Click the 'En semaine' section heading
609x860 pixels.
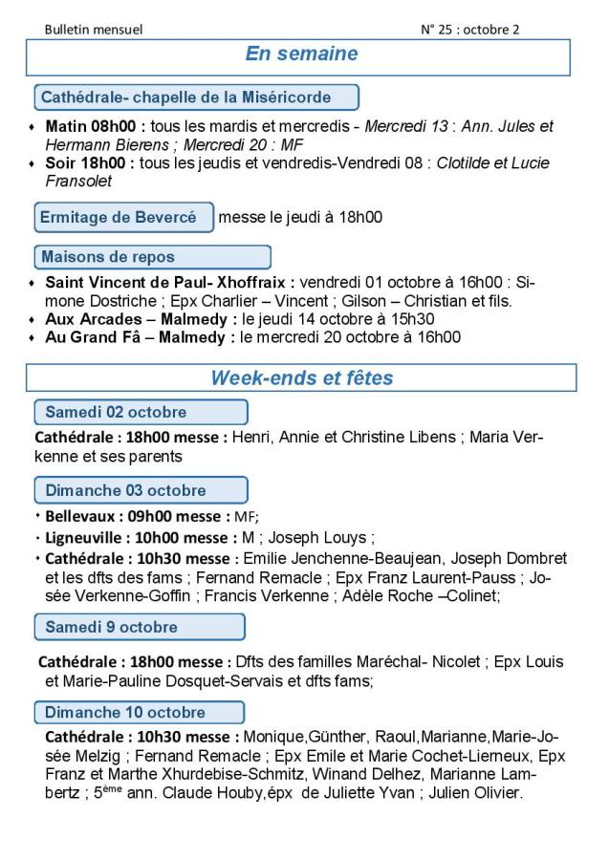pyautogui.click(x=301, y=54)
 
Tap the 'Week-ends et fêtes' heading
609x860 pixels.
pyautogui.click(x=301, y=378)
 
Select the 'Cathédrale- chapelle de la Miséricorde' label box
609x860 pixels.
pyautogui.click(x=196, y=97)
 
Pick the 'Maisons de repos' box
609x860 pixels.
pyautogui.click(x=152, y=257)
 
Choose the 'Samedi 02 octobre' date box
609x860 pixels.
pyautogui.click(x=141, y=413)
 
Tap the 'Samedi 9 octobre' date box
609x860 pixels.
pyautogui.click(x=139, y=627)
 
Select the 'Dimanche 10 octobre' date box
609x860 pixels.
pyautogui.click(x=139, y=713)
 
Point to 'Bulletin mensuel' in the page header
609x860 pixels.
pyautogui.click(x=94, y=30)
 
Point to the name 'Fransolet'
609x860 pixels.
pyautogui.click(x=78, y=181)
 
